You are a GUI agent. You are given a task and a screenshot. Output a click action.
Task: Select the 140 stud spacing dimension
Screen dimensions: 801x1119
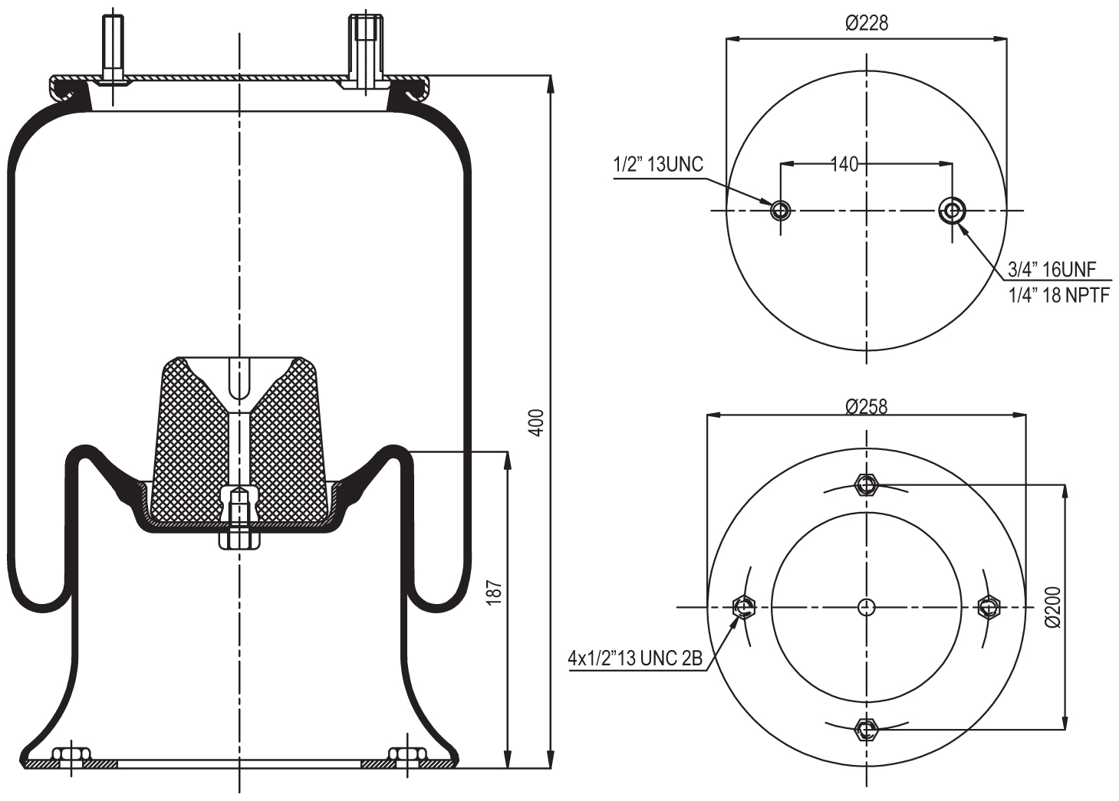point(844,163)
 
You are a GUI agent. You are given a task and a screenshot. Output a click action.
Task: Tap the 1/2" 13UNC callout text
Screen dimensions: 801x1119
point(657,165)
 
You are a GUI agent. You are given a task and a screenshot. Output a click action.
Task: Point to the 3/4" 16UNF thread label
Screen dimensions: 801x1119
point(1052,269)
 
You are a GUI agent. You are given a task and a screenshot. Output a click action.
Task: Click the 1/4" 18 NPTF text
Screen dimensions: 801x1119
point(1058,295)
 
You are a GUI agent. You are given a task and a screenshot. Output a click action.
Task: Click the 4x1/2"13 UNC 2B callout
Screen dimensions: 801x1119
point(635,658)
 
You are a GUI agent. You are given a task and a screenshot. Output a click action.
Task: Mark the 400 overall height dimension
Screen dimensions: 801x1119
point(538,422)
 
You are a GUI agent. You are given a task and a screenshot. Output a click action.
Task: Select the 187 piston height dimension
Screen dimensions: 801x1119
point(495,594)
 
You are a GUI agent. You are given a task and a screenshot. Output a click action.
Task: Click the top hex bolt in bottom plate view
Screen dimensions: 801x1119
point(866,484)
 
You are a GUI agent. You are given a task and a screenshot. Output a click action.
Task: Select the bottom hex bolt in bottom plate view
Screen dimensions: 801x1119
point(866,729)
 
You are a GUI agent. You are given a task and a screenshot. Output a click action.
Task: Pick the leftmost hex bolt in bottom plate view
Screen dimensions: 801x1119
point(743,607)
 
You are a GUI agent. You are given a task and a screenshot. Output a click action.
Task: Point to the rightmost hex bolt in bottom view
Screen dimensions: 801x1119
point(989,607)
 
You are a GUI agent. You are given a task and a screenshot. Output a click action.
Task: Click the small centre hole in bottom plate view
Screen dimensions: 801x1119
point(866,607)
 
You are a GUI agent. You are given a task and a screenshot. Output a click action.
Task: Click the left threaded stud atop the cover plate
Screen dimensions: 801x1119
point(113,46)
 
